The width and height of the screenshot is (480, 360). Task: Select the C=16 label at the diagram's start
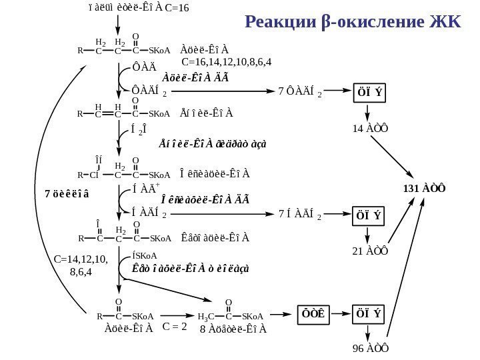(x=177, y=9)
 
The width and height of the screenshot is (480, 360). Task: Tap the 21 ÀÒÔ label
(x=367, y=251)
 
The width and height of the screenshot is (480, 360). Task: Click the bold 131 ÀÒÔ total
(x=425, y=187)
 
